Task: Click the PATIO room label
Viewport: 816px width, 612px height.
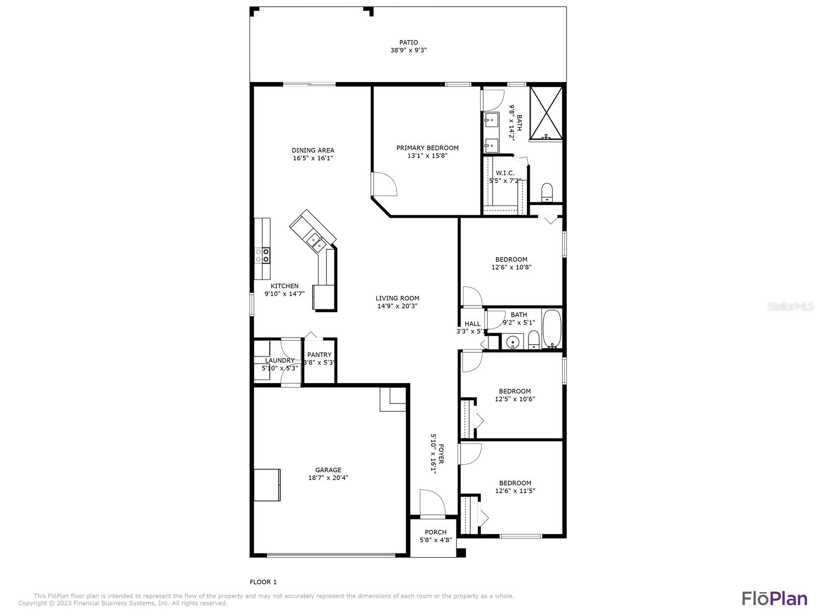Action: (x=408, y=42)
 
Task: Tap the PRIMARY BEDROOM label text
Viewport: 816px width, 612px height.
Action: (x=427, y=148)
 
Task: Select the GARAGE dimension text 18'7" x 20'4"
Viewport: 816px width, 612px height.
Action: (x=328, y=477)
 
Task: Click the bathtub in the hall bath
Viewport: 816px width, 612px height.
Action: (x=552, y=329)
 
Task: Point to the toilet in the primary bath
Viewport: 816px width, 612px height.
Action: (x=547, y=192)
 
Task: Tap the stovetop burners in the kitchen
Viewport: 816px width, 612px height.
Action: (x=262, y=256)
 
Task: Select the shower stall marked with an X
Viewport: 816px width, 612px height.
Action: (x=546, y=114)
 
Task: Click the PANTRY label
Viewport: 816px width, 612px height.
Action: (x=319, y=354)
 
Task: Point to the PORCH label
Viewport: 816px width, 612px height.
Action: (x=436, y=532)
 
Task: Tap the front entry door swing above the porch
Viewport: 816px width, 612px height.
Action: (x=432, y=503)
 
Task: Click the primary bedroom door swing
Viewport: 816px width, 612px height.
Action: (x=385, y=184)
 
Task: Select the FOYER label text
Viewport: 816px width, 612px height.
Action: (x=441, y=454)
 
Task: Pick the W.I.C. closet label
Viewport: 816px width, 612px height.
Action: (x=505, y=173)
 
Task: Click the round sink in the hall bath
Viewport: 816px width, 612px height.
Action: (x=513, y=341)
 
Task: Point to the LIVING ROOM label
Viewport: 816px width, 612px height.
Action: (x=397, y=298)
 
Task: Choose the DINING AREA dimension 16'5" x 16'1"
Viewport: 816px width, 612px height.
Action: (x=313, y=158)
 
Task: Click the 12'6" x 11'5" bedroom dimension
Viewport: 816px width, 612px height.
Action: (x=515, y=491)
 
